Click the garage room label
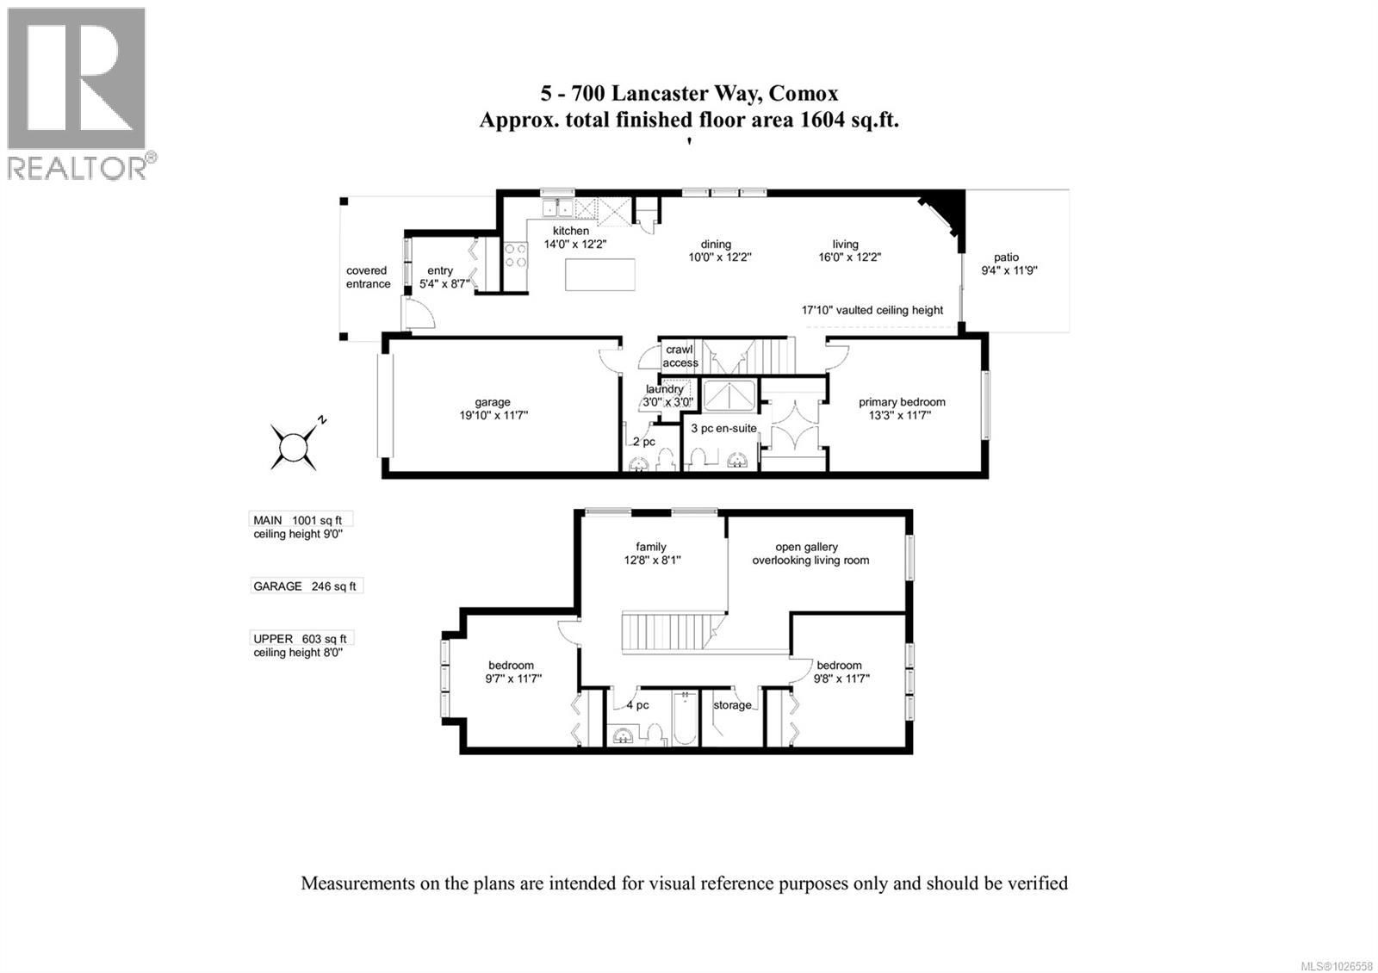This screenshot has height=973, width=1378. click(x=493, y=402)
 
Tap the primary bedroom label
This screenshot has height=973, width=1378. click(x=902, y=402)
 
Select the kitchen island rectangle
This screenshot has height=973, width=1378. click(x=599, y=276)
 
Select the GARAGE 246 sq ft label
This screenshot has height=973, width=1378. click(x=304, y=586)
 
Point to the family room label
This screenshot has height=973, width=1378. click(x=651, y=547)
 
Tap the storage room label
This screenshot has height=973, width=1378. click(x=732, y=705)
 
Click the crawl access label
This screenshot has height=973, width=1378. click(x=680, y=356)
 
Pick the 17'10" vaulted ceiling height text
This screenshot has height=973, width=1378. click(x=872, y=310)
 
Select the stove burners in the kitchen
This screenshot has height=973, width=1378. click(x=516, y=255)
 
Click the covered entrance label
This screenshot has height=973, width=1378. click(x=369, y=277)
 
